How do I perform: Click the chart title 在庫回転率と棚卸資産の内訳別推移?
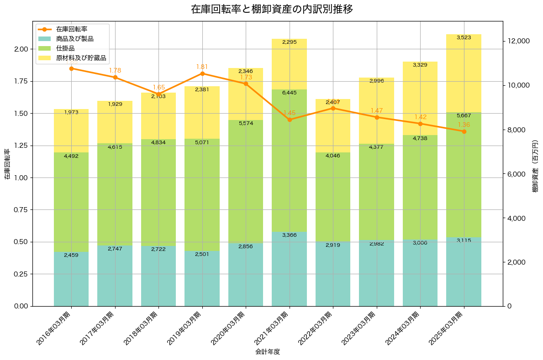[x=271, y=9]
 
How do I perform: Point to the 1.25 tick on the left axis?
[x=21, y=146]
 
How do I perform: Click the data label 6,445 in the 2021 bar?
[x=290, y=93]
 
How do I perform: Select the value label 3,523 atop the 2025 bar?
[x=464, y=37]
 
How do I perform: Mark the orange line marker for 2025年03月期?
[x=464, y=131]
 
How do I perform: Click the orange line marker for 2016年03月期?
[x=71, y=68]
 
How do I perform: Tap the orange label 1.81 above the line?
[x=202, y=67]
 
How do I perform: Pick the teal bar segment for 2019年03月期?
[x=202, y=278]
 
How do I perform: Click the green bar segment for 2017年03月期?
[x=115, y=194]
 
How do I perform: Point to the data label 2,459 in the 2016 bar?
[x=71, y=255]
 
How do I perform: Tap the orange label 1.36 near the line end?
[x=464, y=125]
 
